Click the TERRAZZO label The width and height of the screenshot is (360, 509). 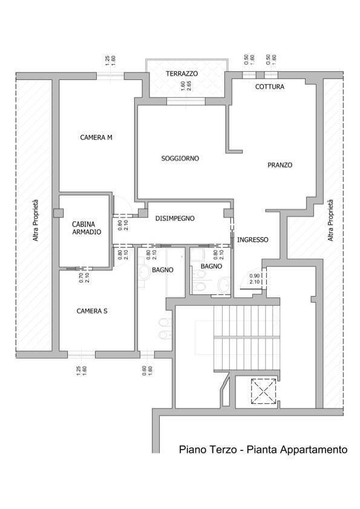(182, 74)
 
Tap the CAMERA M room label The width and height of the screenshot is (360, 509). (96, 137)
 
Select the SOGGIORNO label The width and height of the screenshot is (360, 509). (180, 158)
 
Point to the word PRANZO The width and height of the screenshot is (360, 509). (280, 165)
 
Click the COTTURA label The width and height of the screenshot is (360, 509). (270, 86)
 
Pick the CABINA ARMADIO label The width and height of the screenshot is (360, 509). (87, 228)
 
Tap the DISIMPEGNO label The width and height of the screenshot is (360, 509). (175, 218)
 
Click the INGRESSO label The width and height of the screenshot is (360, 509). (253, 240)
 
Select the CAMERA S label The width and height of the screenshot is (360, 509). (92, 311)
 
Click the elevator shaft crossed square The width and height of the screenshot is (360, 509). (263, 392)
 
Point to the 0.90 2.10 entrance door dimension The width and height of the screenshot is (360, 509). (255, 279)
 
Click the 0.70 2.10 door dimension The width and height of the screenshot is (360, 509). (84, 277)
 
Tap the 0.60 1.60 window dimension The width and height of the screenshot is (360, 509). (147, 371)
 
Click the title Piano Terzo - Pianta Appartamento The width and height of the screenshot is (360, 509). (263, 450)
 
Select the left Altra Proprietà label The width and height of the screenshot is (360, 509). (36, 220)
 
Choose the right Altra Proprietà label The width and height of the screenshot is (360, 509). (330, 220)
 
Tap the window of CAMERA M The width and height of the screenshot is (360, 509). (110, 76)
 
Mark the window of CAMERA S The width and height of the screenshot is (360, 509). (82, 354)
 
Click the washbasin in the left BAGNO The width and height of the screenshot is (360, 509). (143, 272)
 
